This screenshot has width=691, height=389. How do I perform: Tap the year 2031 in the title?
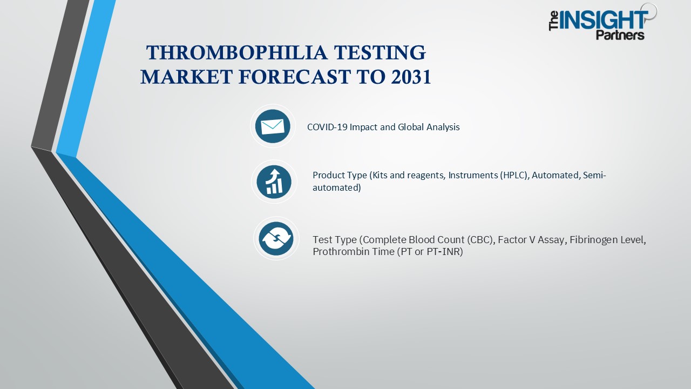[409, 78]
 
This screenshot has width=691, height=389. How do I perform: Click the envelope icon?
[273, 126]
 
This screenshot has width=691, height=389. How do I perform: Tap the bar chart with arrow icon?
[274, 182]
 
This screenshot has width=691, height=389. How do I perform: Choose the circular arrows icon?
[276, 238]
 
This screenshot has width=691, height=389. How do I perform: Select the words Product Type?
[340, 175]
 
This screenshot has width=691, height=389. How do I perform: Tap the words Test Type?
[334, 240]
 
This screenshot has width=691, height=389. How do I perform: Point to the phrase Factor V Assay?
[531, 240]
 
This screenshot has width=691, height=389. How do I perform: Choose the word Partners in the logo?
[620, 35]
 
